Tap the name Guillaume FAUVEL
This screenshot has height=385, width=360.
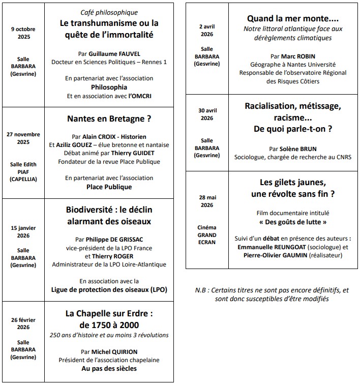(114, 53)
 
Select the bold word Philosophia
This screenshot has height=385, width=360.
(109, 87)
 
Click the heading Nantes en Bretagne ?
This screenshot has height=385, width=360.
(109, 119)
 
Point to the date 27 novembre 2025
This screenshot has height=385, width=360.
(23, 138)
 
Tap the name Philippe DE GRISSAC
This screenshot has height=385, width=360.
(114, 240)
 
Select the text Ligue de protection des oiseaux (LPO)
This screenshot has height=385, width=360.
(109, 289)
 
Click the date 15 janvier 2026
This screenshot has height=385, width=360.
(23, 231)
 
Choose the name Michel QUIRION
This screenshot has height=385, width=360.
(114, 351)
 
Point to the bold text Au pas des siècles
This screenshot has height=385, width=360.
(109, 368)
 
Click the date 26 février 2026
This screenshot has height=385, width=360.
(23, 323)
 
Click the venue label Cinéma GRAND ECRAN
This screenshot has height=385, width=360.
(206, 235)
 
